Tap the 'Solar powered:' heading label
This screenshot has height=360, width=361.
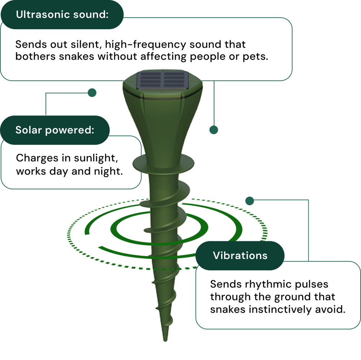pyautogui.click(x=55, y=130)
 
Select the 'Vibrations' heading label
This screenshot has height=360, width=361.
pyautogui.click(x=240, y=255)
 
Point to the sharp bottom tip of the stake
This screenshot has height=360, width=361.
pyautogui.click(x=165, y=340)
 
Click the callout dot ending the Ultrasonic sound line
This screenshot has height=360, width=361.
pyautogui.click(x=214, y=130)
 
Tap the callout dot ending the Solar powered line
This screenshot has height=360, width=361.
pyautogui.click(x=92, y=92)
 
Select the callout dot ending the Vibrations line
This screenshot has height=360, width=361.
pyautogui.click(x=249, y=201)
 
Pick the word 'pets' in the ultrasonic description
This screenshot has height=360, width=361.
pyautogui.click(x=257, y=57)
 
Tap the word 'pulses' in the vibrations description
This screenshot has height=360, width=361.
pyautogui.click(x=311, y=284)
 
